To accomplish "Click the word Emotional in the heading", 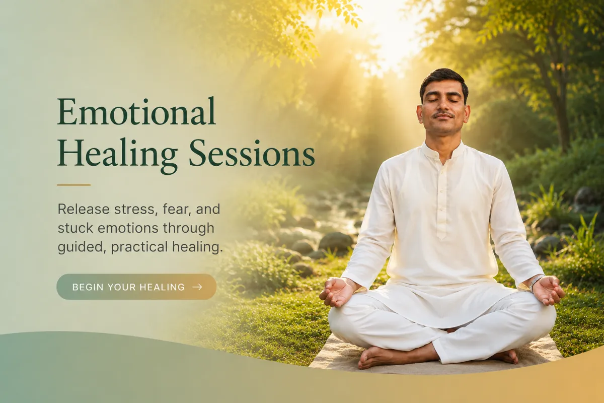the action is point(136,111).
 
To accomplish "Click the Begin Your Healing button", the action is point(136,287).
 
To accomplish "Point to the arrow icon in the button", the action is point(197,287).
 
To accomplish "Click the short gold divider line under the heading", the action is point(73,185).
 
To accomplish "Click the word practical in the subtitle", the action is point(139,247).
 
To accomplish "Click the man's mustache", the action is point(444,114).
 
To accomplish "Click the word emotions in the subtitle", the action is point(128,228).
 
